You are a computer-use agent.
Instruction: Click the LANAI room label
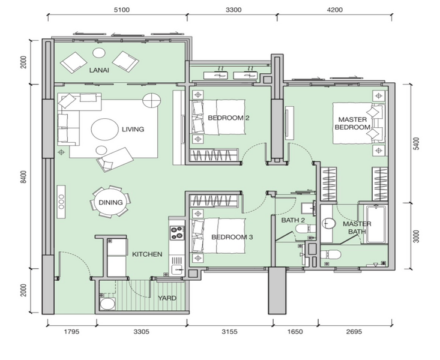pyautogui.click(x=99, y=70)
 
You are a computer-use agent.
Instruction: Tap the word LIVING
pyautogui.click(x=133, y=130)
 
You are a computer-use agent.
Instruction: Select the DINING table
pyautogui.click(x=110, y=202)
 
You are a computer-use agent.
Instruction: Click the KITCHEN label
pyautogui.click(x=147, y=254)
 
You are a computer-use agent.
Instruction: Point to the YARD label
pyautogui.click(x=167, y=298)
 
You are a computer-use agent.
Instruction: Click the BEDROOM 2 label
pyautogui.click(x=229, y=118)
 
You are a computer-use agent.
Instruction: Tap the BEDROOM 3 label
pyautogui.click(x=232, y=237)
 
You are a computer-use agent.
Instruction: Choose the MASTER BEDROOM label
pyautogui.click(x=352, y=124)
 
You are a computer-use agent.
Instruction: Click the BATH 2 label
pyautogui.click(x=293, y=220)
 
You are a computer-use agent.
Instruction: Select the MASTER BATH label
pyautogui.click(x=357, y=227)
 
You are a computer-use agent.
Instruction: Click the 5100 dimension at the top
pyautogui.click(x=121, y=10)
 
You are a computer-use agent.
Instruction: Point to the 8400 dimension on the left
pyautogui.click(x=23, y=177)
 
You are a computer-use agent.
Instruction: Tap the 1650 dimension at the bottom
pyautogui.click(x=295, y=332)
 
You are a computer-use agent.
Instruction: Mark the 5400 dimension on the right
pyautogui.click(x=417, y=143)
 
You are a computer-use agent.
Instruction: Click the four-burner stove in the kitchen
pyautogui.click(x=177, y=233)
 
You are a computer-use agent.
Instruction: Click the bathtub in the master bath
pyautogui.click(x=376, y=224)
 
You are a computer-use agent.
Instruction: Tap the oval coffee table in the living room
pyautogui.click(x=105, y=130)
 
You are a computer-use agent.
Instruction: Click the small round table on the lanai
pyautogui.click(x=99, y=53)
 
